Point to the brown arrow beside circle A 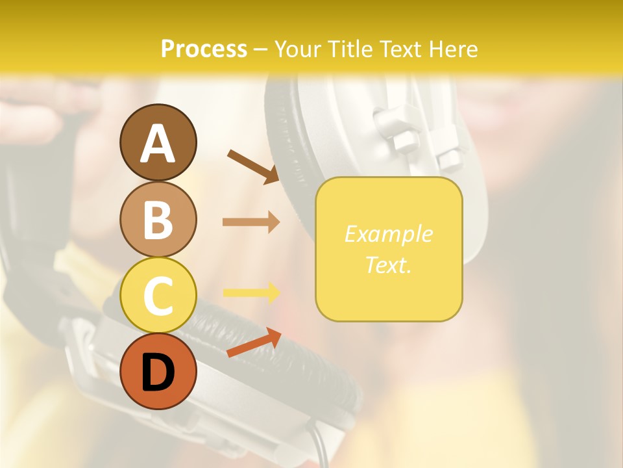coord(252,166)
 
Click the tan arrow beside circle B coord(250,222)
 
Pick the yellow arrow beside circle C coord(250,292)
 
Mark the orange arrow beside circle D coord(254,343)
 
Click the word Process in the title coord(204,49)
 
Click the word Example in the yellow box coord(388,234)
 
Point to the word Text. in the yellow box coord(388,265)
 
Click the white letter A coord(158,144)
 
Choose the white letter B coord(158,220)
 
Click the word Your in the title coord(297,49)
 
